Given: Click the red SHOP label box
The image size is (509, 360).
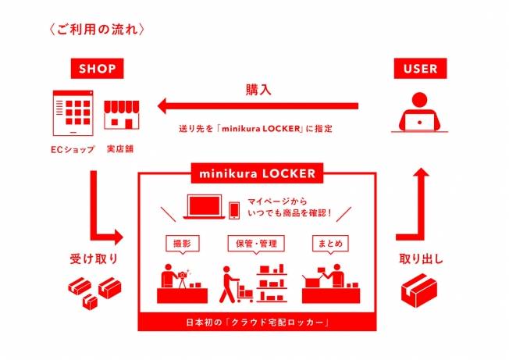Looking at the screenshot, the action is [97, 69].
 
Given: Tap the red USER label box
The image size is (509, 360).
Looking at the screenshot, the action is [420, 69].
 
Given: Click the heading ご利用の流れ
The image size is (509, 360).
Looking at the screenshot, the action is [97, 29].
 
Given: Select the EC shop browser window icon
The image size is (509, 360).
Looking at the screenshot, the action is [73, 113].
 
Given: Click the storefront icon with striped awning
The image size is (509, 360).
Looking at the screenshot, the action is [122, 115].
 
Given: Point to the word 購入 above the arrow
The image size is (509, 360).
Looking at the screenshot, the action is [258, 90].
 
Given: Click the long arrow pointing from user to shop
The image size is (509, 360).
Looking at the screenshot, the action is [258, 106].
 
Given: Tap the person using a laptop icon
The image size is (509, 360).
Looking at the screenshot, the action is [420, 112].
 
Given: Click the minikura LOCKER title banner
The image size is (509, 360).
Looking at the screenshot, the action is [257, 173].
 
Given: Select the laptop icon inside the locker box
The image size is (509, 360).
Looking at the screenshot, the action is [204, 207].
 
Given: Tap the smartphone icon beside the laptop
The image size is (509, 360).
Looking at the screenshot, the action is [234, 211].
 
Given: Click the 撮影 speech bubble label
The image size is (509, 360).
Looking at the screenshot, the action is [183, 244].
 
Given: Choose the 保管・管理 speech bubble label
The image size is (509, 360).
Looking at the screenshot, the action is [256, 244].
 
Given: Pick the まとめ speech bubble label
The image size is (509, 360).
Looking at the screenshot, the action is [330, 244].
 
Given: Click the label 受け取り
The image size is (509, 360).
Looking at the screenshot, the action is [94, 258].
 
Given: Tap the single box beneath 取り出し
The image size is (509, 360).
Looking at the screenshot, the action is [419, 290].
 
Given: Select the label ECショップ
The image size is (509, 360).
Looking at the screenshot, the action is [73, 149].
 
